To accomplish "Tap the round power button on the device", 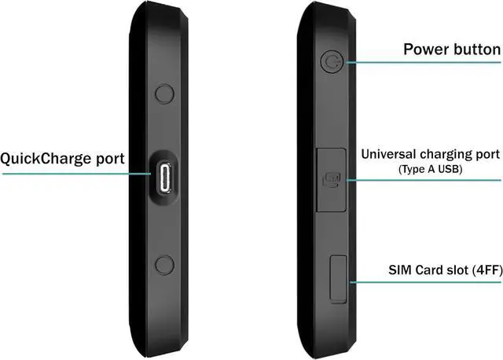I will tap(332, 61).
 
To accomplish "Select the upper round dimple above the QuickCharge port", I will tap(164, 94).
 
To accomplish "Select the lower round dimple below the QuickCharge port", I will tap(164, 265).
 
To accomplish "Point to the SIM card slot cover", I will tap(339, 277).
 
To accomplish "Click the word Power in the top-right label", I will tap(425, 50).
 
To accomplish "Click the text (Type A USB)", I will tap(431, 170).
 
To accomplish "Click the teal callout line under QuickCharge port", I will tap(71, 173).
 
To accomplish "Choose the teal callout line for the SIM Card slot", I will tap(424, 282).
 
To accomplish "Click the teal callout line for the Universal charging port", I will tap(424, 181).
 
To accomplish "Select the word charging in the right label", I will tap(449, 154).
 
